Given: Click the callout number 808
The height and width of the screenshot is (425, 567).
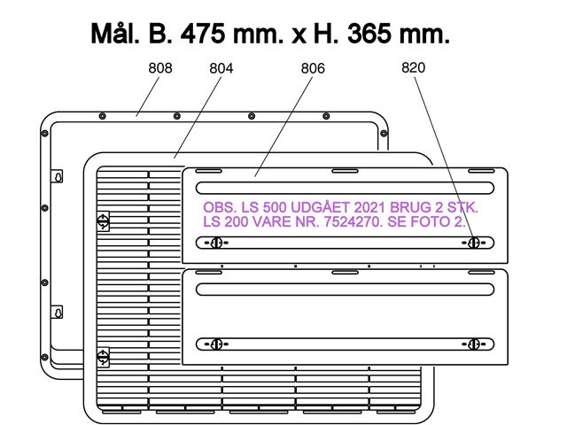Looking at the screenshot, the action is click(x=160, y=68).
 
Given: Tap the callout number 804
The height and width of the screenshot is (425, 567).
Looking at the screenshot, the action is click(x=221, y=68).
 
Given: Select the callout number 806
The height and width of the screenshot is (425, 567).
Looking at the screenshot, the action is click(x=313, y=68).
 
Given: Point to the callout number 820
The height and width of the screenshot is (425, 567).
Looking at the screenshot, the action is click(x=414, y=67).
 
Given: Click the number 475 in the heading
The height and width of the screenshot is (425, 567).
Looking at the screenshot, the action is click(x=203, y=34).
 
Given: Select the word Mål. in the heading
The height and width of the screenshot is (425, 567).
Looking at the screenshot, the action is click(x=115, y=33).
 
